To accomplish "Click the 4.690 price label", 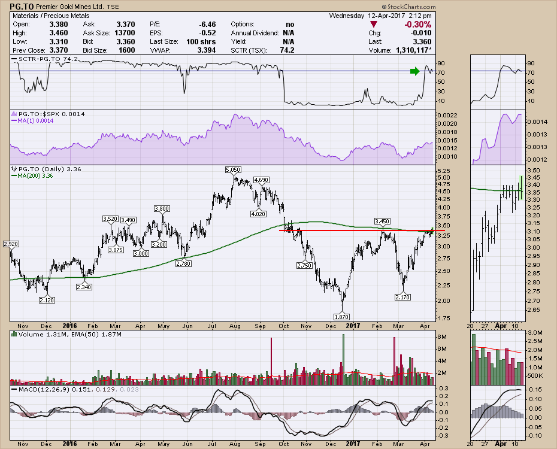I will (x=261, y=180).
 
